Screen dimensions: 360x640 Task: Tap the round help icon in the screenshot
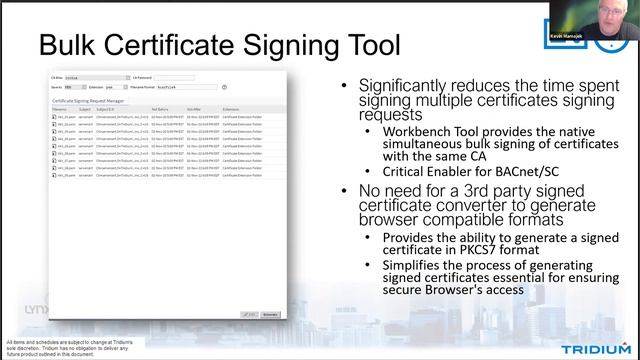[224, 87]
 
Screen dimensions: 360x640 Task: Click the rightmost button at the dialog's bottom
[269, 313]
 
